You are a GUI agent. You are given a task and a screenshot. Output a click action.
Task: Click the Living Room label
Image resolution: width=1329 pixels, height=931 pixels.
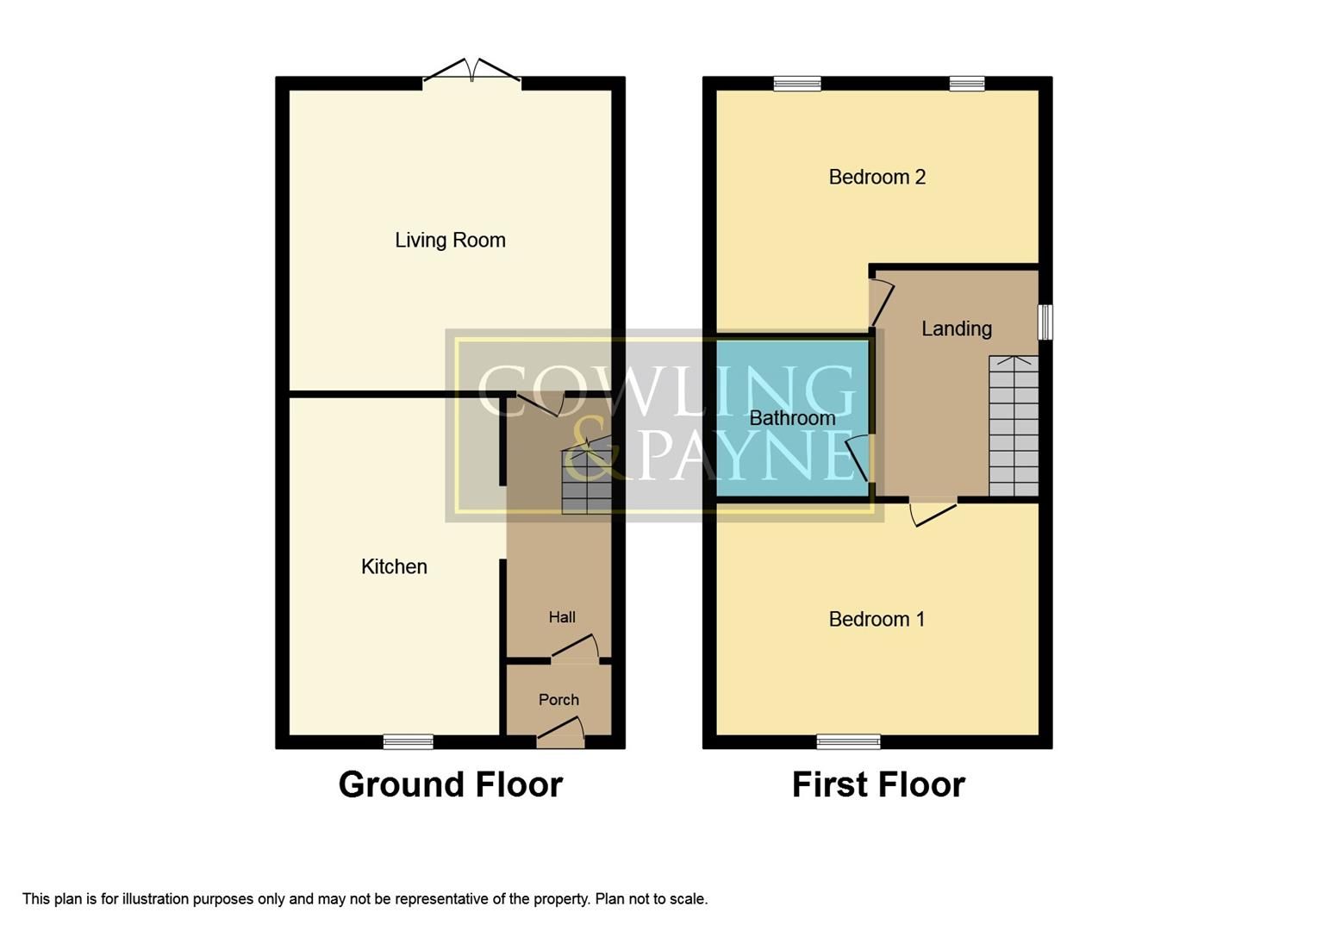pos(450,241)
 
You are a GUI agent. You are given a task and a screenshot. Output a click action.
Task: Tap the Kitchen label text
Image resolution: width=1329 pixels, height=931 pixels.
pos(394,566)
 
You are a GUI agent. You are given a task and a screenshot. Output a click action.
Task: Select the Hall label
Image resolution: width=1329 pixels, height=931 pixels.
pos(562,617)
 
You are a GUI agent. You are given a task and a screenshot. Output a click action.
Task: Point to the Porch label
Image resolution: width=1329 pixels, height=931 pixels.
pos(558,700)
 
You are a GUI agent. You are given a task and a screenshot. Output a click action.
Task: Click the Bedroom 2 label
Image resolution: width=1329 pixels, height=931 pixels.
pos(877,178)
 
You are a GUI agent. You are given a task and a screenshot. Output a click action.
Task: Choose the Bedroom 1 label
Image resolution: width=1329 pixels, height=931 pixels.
pos(877,619)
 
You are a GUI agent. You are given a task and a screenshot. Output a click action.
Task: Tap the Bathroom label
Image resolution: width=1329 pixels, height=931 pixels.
pos(792,418)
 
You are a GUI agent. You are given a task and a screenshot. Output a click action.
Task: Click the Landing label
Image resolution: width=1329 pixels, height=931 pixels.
pos(957,328)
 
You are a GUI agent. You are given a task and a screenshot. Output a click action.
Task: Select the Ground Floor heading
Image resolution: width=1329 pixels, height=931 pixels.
pos(450,784)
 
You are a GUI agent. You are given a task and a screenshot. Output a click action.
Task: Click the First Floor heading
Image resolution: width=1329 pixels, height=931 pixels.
pos(878,784)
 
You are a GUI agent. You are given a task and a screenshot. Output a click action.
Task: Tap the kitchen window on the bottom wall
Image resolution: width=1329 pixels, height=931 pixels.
pos(408,741)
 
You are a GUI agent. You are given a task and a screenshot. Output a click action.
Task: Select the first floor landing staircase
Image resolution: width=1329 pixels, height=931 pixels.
pos(1014,427)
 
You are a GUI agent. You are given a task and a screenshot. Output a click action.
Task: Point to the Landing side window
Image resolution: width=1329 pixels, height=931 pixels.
pos(1045,322)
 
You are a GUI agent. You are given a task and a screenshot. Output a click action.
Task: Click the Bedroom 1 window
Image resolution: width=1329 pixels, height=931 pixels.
pos(848,741)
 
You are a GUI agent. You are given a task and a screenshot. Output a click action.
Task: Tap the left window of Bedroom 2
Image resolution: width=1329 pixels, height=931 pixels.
pos(797,84)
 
